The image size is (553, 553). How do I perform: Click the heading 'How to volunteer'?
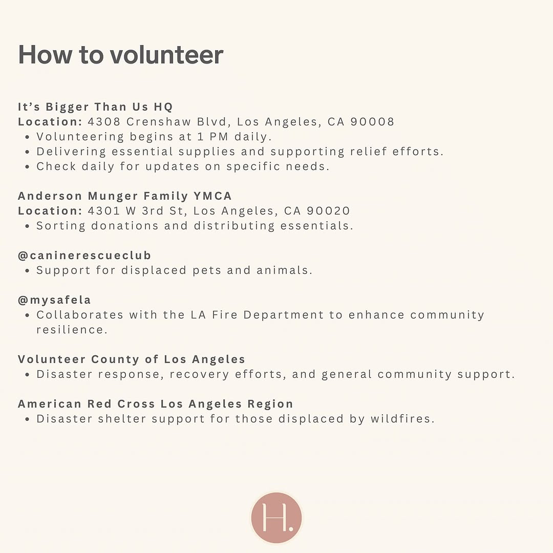tap(120, 55)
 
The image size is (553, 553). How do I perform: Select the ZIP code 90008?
tap(372, 122)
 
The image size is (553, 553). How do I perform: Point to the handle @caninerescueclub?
tap(84, 255)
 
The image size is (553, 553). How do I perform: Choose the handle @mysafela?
tap(54, 300)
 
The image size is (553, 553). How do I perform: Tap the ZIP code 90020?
tap(328, 211)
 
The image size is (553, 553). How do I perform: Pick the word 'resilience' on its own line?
tap(71, 330)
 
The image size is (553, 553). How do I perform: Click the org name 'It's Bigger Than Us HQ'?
tap(95, 107)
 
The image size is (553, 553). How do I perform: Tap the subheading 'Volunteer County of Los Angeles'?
tap(132, 359)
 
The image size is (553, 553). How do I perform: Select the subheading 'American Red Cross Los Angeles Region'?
tap(156, 404)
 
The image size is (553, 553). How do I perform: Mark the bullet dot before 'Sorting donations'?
tap(27, 226)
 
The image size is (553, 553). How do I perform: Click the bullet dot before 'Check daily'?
tap(27, 167)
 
